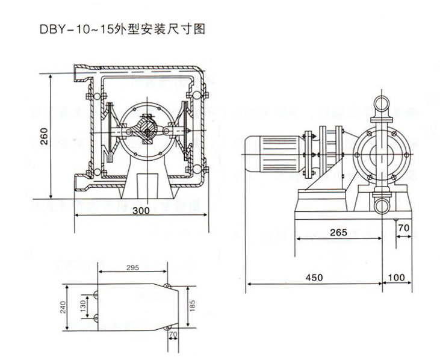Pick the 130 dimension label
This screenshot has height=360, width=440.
(x=82, y=307)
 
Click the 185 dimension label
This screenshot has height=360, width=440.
(x=192, y=307)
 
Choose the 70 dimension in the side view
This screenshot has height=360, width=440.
(x=404, y=229)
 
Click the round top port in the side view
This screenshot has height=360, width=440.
(x=381, y=104)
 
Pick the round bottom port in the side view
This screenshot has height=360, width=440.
(x=381, y=204)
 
